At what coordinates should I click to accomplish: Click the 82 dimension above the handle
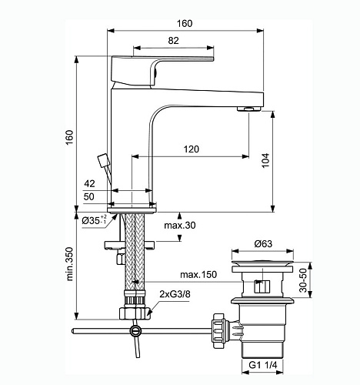click(175, 40)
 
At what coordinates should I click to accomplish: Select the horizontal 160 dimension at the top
click(185, 23)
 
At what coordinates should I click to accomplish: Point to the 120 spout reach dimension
click(194, 149)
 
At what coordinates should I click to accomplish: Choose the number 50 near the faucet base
click(91, 198)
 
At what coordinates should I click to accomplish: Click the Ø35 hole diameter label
click(96, 221)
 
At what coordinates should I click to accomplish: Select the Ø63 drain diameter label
click(265, 245)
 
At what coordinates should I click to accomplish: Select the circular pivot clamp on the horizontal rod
click(136, 332)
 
